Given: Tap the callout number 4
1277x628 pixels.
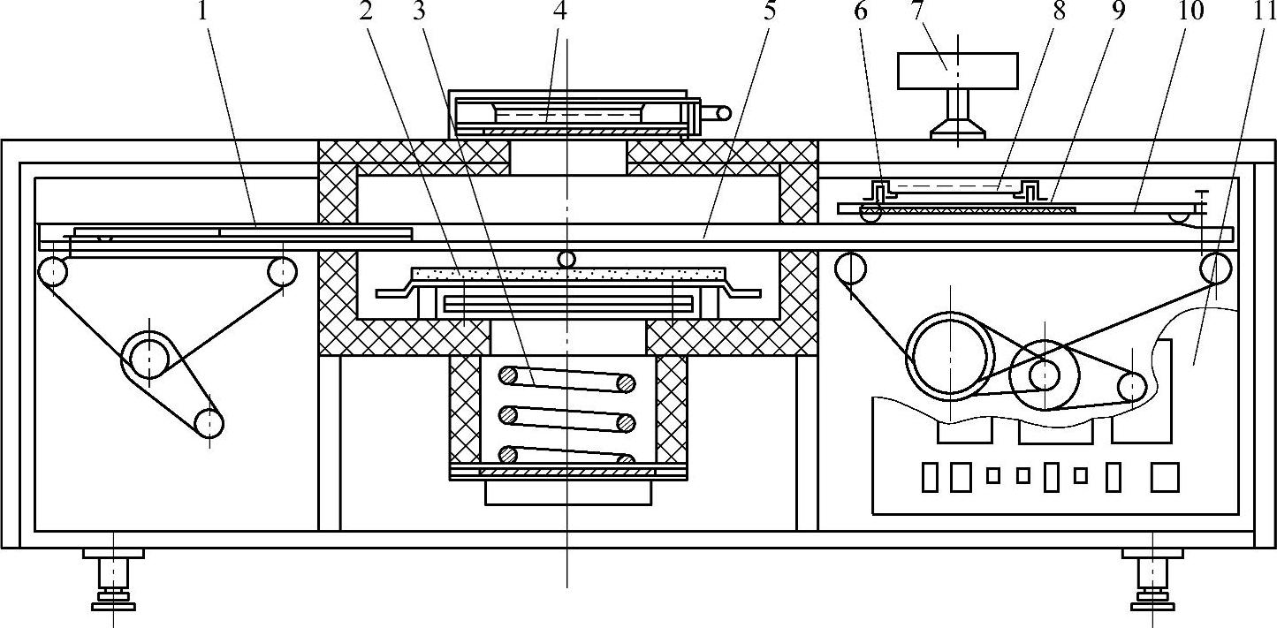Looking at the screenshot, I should click(559, 11).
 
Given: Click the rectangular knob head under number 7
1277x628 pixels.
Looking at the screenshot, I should click(957, 71).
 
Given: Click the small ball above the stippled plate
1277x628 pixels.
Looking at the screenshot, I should click(566, 258).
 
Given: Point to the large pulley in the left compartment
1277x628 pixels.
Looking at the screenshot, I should click(149, 357).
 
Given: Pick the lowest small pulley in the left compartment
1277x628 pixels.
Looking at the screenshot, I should click(209, 424).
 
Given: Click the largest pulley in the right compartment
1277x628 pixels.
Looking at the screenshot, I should click(948, 357).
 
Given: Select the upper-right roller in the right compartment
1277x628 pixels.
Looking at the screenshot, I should click(1215, 267).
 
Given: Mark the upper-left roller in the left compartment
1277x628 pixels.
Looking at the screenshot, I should click(53, 270).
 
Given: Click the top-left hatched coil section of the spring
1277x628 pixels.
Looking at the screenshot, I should click(510, 375).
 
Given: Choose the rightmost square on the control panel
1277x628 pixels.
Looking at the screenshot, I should click(1165, 477).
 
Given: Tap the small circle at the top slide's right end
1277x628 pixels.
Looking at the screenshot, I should click(724, 112).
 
